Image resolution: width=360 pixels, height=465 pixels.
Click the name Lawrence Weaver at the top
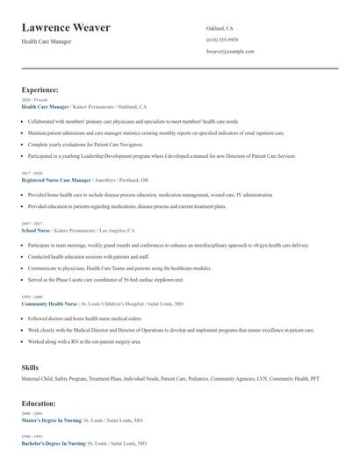[x=66, y=27]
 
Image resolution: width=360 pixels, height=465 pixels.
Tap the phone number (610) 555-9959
[x=222, y=40]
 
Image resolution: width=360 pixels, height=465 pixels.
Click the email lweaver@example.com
[x=230, y=52]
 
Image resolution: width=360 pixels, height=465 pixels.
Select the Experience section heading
[x=40, y=89]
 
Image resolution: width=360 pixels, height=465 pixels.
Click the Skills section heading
[x=30, y=366]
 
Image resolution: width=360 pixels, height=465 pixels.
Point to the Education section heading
[x=39, y=403]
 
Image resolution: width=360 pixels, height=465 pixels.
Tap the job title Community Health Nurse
[x=53, y=303]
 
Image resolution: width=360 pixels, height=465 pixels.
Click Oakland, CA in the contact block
[x=220, y=28]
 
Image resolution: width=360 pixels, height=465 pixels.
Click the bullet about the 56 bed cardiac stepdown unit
[x=105, y=280]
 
